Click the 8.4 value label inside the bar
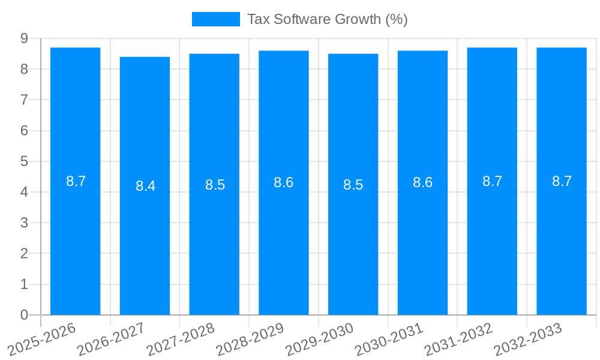coord(145,186)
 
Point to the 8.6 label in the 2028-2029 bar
coord(283,182)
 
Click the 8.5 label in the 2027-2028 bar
coord(215,185)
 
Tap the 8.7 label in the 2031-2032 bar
coord(492,181)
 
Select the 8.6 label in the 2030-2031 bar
coord(422,182)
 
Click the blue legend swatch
coord(215,19)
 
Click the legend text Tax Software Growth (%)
coord(327,19)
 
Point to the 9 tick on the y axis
coord(24,38)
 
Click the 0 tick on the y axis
coord(24,315)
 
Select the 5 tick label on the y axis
coord(24,161)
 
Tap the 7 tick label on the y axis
coord(24,100)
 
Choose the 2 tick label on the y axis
coord(24,254)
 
